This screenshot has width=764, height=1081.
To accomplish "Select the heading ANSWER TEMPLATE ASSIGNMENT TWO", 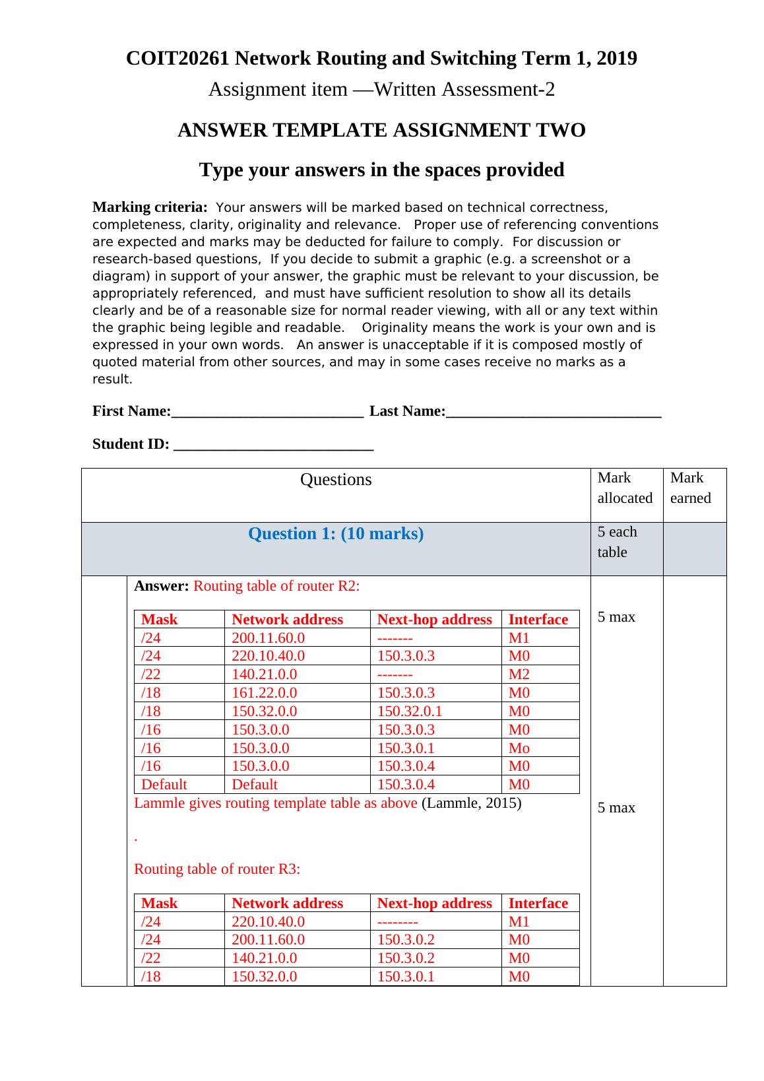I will point(381,131).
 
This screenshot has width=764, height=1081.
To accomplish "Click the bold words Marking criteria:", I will point(150,207).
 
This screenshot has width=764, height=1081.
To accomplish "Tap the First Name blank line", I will point(267,412).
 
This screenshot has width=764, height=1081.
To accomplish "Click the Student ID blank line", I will point(273,444).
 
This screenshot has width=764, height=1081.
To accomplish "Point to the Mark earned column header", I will point(690,488).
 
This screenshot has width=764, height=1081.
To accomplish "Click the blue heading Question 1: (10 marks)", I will point(336,534).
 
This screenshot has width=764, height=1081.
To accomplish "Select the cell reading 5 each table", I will point(617,542).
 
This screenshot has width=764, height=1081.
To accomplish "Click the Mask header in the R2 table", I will point(160,619).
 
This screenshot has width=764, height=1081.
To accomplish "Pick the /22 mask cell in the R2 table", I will point(151,674).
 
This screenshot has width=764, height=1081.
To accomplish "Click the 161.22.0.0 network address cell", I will point(264,692).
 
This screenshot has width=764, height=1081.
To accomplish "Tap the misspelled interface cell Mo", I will point(519,748).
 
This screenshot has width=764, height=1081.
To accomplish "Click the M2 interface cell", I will point(519,674).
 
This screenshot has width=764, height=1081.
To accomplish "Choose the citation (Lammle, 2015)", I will point(471,803).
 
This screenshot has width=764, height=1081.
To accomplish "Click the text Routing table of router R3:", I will point(217,868).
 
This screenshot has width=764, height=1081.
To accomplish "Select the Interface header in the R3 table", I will point(538,903).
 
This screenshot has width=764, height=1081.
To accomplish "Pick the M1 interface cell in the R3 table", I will point(519,921).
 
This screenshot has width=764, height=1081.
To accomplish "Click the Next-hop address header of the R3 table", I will point(434,903).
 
